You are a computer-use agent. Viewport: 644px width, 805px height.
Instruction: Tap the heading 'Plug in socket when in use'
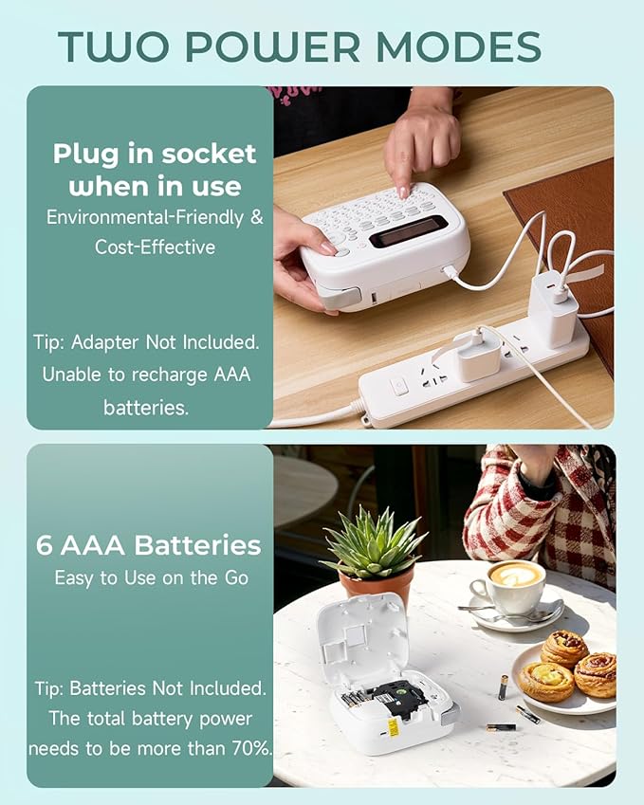click(x=155, y=170)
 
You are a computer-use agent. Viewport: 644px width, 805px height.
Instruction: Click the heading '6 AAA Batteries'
click(x=149, y=545)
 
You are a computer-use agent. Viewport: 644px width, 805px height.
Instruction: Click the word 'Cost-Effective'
click(x=155, y=247)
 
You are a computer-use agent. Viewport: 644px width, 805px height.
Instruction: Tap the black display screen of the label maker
click(x=409, y=230)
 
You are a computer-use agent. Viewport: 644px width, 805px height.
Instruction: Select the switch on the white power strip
click(x=400, y=385)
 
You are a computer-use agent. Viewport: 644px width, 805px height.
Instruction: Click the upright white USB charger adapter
click(x=553, y=308)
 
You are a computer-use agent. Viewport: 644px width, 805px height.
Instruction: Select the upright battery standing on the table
click(x=503, y=686)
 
